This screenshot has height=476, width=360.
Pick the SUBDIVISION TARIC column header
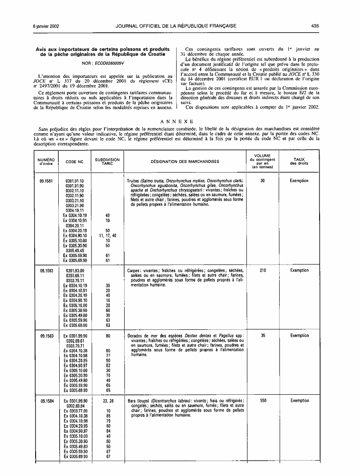click(x=107, y=162)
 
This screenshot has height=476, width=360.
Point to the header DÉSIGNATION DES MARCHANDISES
click(x=184, y=162)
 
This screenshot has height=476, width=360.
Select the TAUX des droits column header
click(x=299, y=162)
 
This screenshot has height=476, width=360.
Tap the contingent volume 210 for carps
click(x=263, y=271)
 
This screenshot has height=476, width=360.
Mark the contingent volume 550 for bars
click(x=263, y=401)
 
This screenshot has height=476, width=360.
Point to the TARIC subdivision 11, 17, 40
click(x=108, y=236)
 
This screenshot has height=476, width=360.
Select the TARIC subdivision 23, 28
click(x=108, y=401)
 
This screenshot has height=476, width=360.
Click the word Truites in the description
click(x=133, y=181)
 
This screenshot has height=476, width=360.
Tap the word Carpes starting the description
click(x=134, y=271)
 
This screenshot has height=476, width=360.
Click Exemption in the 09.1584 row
click(x=299, y=401)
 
